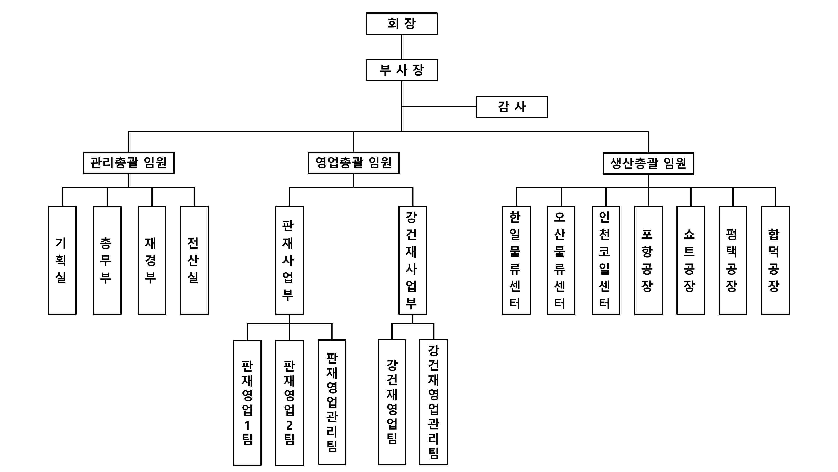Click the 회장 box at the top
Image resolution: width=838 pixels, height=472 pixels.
point(401,23)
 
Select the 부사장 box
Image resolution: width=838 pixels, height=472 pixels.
point(401,70)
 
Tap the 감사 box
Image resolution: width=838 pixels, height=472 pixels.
point(512,107)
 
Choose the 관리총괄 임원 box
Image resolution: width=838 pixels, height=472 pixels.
point(128,163)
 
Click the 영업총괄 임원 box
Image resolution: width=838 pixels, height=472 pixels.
point(353,163)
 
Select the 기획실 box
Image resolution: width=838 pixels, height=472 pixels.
point(62,260)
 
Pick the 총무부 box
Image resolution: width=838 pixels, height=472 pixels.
point(107,260)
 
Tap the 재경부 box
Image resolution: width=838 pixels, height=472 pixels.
point(152,260)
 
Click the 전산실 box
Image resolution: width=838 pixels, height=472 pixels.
point(194,260)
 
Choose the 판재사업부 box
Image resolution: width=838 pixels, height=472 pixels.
point(289,260)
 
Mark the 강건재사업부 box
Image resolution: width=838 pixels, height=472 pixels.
point(413,260)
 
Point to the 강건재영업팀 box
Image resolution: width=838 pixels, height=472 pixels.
point(392,402)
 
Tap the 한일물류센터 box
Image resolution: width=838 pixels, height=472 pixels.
point(516,260)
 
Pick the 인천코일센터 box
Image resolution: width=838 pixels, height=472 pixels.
point(606,260)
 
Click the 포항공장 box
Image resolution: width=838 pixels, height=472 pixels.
point(648,260)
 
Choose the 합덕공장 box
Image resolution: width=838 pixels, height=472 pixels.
point(775,260)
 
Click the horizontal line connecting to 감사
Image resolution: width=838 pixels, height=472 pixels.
point(439,107)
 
